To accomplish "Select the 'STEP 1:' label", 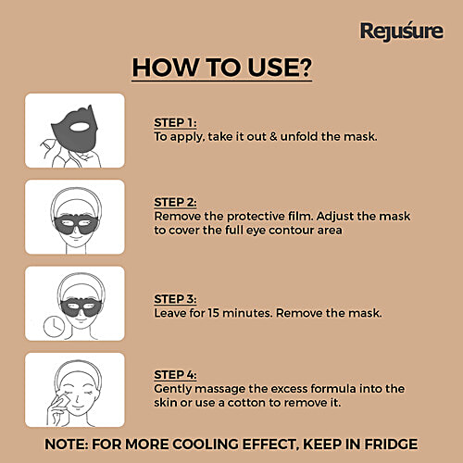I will [x=175, y=121].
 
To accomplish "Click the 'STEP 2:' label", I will [x=175, y=202].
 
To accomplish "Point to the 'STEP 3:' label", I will [x=175, y=299].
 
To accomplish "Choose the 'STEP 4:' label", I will [x=175, y=375].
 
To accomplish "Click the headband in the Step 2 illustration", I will [x=74, y=196].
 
